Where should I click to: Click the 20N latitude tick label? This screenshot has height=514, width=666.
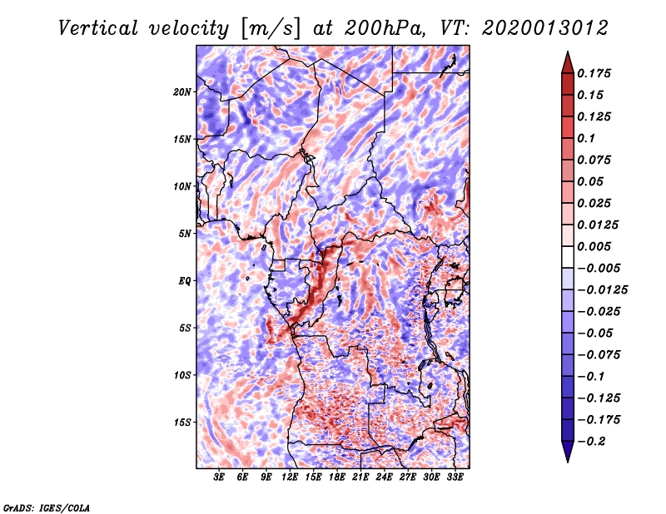(x=182, y=91)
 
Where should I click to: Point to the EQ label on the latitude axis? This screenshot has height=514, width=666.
(x=185, y=281)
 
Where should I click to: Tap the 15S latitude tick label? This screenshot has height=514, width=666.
(x=182, y=423)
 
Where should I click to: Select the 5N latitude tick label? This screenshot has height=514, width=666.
(x=185, y=234)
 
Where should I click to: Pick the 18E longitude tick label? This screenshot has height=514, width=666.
(x=337, y=477)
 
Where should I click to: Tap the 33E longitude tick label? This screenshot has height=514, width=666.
(x=455, y=477)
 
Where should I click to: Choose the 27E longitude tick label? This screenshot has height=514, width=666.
(x=408, y=477)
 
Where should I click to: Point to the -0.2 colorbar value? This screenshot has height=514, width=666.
(x=594, y=441)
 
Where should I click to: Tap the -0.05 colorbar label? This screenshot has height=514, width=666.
(x=595, y=333)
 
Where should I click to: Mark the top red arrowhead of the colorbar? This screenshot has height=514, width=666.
(x=567, y=62)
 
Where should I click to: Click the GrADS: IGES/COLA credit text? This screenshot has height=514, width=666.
(x=47, y=507)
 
